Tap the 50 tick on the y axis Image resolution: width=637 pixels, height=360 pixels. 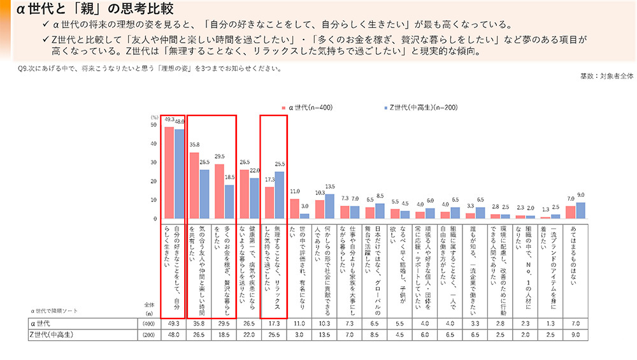point(153,125)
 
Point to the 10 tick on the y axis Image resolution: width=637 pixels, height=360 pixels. point(153,200)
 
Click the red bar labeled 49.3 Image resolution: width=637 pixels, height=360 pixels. point(169,172)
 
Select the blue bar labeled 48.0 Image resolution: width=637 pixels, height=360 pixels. point(179,173)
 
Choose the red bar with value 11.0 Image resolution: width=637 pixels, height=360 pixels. point(294,208)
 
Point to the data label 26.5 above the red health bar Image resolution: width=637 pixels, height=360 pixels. point(245,163)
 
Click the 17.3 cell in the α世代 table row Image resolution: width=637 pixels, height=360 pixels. point(270,324)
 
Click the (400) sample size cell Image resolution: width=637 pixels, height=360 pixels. point(147,324)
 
